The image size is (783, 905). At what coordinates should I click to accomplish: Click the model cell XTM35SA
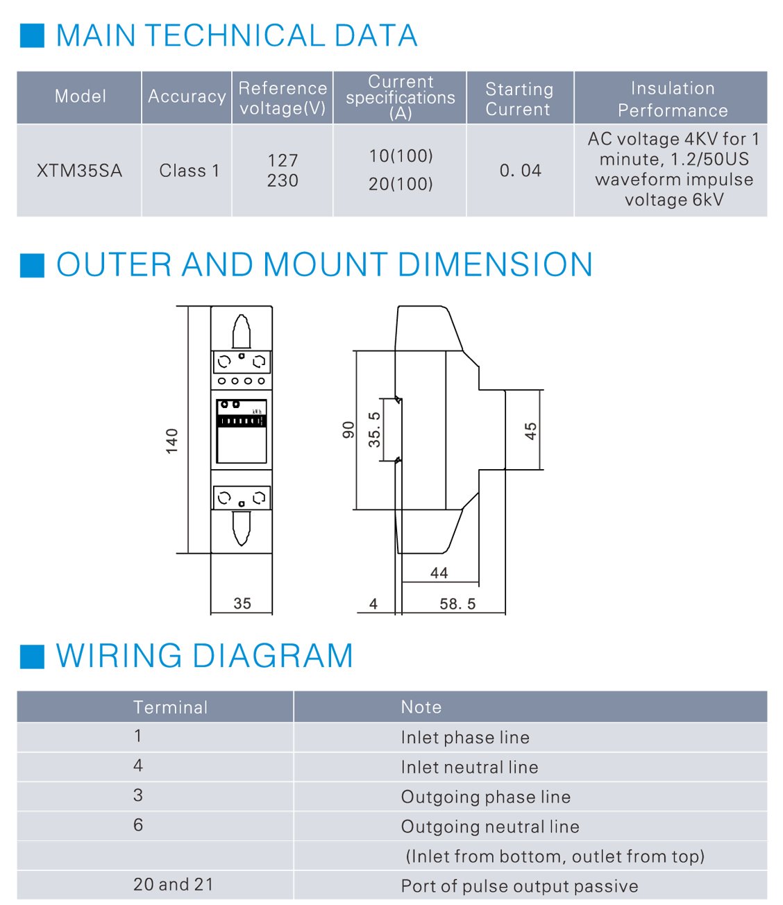79,171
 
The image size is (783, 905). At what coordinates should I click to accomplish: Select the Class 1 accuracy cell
190,171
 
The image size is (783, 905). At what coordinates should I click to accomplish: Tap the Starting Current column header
519,99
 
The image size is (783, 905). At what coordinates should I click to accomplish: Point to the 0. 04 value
520,171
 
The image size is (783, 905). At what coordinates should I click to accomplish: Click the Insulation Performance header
673,99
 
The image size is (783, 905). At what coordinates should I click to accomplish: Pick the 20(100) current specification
401,184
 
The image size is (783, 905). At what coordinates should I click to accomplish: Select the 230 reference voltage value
283,180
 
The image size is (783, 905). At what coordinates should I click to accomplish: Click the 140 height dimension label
171,441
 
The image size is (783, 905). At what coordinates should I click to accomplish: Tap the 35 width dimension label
242,603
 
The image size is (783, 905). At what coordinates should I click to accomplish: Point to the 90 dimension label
348,430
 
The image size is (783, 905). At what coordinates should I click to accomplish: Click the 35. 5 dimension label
374,430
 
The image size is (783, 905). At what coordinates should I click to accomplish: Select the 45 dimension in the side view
530,431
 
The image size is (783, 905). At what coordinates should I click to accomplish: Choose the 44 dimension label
439,573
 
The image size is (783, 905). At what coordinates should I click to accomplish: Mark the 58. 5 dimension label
457,604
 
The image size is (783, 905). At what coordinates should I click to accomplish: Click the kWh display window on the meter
242,431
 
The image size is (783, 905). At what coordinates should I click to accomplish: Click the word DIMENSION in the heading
495,264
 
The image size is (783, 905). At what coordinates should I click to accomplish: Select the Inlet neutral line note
469,768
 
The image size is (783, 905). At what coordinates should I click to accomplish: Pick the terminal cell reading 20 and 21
174,884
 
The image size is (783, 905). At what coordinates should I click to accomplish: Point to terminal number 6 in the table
138,825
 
